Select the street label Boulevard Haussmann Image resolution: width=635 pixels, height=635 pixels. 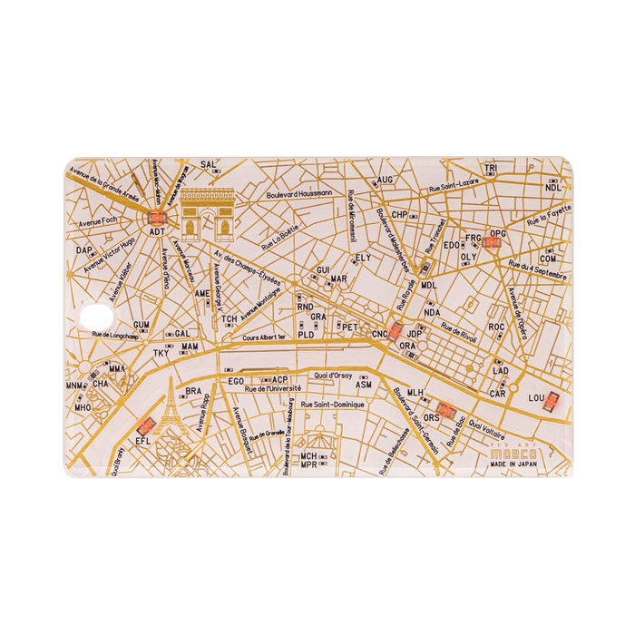(x=298, y=194)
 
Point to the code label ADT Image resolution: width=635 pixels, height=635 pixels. (x=158, y=231)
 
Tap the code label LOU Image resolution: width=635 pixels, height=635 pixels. (x=536, y=397)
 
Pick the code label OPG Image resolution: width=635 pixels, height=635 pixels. (x=497, y=234)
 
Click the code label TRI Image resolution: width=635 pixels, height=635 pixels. (x=491, y=170)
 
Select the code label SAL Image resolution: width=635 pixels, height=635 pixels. (x=209, y=165)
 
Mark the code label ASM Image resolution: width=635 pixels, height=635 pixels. (x=364, y=385)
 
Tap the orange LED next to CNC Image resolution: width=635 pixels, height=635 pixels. (x=396, y=330)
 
